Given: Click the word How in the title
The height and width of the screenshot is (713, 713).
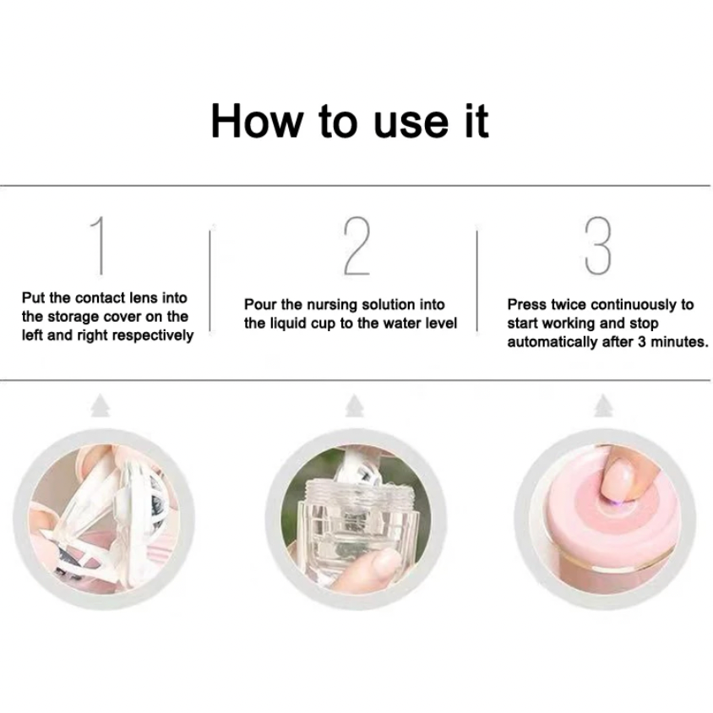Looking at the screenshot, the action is click(257, 121).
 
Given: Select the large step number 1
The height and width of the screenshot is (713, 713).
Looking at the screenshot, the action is click(98, 246).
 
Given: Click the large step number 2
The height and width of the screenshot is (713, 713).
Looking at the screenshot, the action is click(357, 246).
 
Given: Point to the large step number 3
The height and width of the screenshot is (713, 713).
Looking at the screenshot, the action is click(598, 246).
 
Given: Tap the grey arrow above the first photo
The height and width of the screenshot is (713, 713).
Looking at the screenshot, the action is click(101, 405).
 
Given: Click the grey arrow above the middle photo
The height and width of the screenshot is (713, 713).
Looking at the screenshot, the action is click(354, 405).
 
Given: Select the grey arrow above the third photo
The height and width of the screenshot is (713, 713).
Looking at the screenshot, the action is click(603, 405).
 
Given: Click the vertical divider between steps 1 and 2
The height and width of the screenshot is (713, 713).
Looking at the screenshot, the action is click(210, 280).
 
